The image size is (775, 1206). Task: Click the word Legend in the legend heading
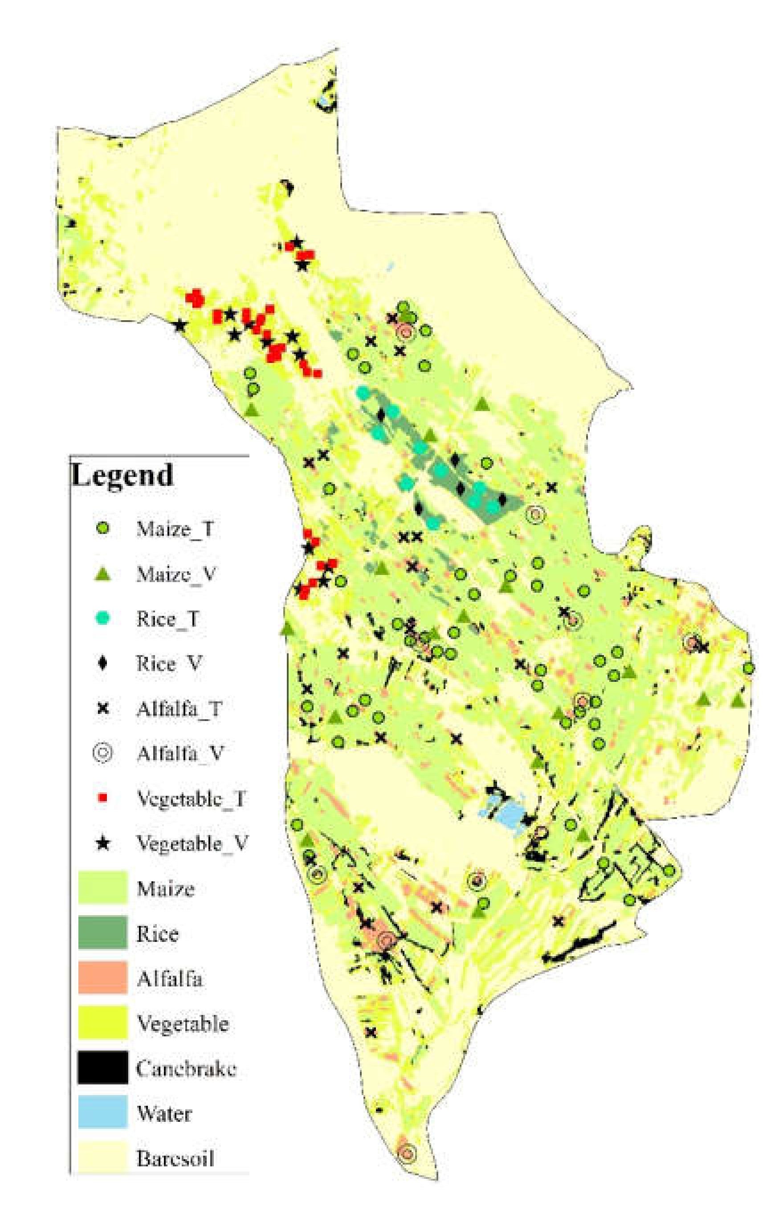(122, 474)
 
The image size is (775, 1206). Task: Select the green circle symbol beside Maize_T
(102, 528)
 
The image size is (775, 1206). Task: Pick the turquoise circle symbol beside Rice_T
(102, 618)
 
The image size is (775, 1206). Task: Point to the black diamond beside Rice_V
(102, 663)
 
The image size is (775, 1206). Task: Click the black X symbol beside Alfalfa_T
(102, 709)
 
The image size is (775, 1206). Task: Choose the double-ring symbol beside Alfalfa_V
(102, 753)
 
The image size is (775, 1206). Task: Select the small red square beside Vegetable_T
(102, 798)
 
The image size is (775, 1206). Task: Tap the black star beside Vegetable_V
(102, 843)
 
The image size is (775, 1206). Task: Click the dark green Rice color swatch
(102, 932)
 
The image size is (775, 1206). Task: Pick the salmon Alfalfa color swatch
(102, 978)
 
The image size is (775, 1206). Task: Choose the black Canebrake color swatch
(102, 1067)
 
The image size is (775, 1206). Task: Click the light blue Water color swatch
(102, 1112)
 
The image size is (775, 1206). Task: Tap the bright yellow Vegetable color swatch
(102, 1023)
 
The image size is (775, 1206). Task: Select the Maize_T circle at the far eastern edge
(748, 668)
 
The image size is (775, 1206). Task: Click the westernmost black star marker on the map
(179, 326)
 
